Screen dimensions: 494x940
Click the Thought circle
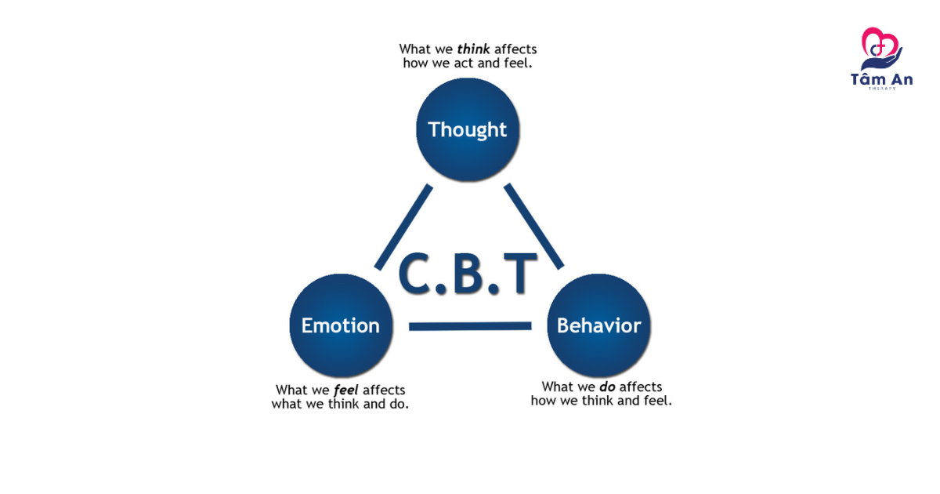[468, 149]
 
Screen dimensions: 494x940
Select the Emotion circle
[341, 345]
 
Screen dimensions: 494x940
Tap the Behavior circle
[598, 345]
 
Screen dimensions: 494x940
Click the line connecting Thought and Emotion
[404, 227]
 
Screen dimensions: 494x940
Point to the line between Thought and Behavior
[534, 227]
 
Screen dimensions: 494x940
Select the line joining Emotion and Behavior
[470, 325]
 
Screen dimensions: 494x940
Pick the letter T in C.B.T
[519, 274]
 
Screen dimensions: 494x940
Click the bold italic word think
[474, 49]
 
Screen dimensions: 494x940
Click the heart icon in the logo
[878, 43]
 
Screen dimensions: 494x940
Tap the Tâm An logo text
[881, 78]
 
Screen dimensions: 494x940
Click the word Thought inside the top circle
[468, 129]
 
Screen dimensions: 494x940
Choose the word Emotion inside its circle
[341, 325]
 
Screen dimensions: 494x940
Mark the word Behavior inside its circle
[598, 325]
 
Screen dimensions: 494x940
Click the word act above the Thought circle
[465, 63]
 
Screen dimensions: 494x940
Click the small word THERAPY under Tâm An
[881, 89]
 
